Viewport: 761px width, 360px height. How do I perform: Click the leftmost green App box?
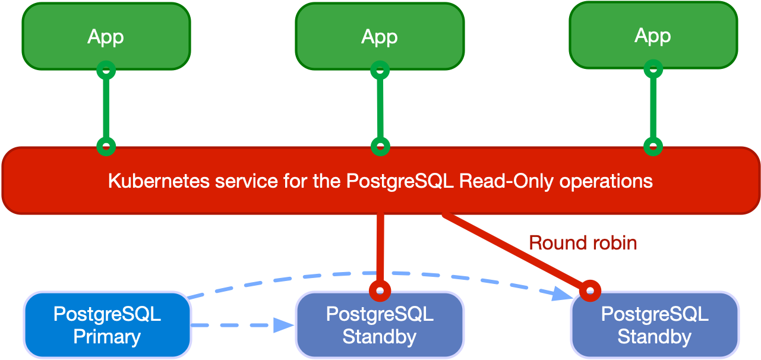pyautogui.click(x=106, y=36)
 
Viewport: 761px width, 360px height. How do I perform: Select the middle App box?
pyautogui.click(x=380, y=36)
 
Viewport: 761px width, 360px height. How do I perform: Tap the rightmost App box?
pyautogui.click(x=653, y=35)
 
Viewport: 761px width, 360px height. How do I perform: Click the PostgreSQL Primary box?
pyautogui.click(x=107, y=325)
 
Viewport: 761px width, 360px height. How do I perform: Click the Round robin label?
pyautogui.click(x=583, y=242)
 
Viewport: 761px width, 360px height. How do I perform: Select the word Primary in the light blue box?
pyautogui.click(x=107, y=337)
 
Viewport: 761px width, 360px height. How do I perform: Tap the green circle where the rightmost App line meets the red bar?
pyautogui.click(x=653, y=146)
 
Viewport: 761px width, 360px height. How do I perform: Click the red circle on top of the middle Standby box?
pyautogui.click(x=380, y=291)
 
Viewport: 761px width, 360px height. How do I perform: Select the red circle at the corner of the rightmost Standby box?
pyautogui.click(x=590, y=290)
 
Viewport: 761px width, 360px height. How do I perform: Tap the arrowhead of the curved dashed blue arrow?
pyautogui.click(x=561, y=293)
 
